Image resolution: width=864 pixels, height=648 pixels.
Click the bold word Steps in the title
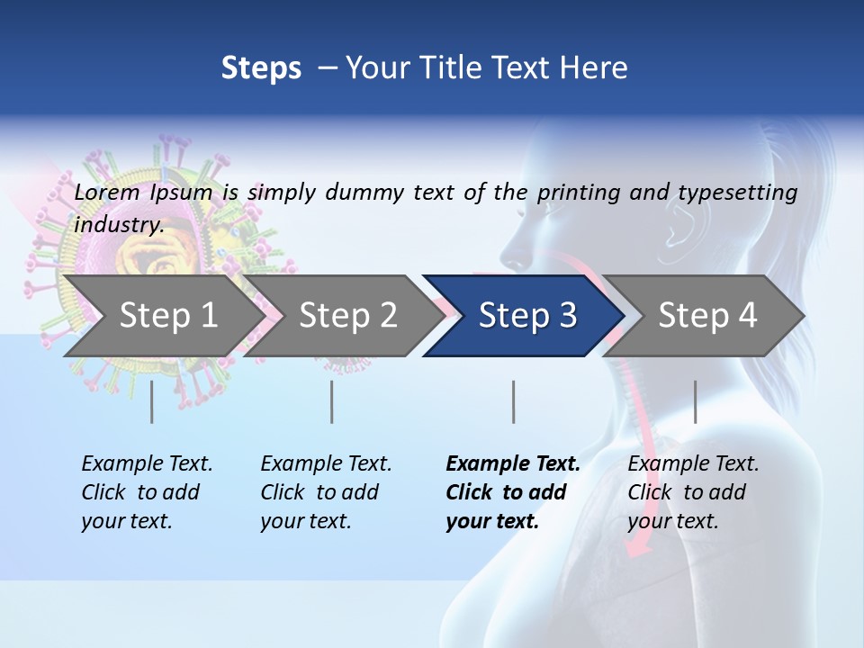pos(261,68)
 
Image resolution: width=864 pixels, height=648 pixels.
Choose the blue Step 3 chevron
pos(527,316)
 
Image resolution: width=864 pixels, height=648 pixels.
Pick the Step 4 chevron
pos(707,316)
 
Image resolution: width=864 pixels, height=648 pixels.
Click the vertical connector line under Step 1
pos(151,401)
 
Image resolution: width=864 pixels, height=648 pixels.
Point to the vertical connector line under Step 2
pos(332,401)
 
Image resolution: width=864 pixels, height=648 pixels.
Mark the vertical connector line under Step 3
pos(513,401)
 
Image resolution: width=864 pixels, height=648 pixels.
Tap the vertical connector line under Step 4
pos(695,401)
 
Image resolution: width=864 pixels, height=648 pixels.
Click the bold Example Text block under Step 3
pos(513,492)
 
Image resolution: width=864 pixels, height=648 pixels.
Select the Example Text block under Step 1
pos(147,492)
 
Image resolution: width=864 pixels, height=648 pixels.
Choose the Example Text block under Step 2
pos(326,492)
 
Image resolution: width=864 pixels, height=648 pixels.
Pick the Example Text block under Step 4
pos(693,492)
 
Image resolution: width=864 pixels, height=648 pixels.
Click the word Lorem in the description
pos(107,193)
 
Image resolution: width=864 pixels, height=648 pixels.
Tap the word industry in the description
pos(119,225)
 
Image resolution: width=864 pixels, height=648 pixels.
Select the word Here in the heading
pos(596,68)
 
